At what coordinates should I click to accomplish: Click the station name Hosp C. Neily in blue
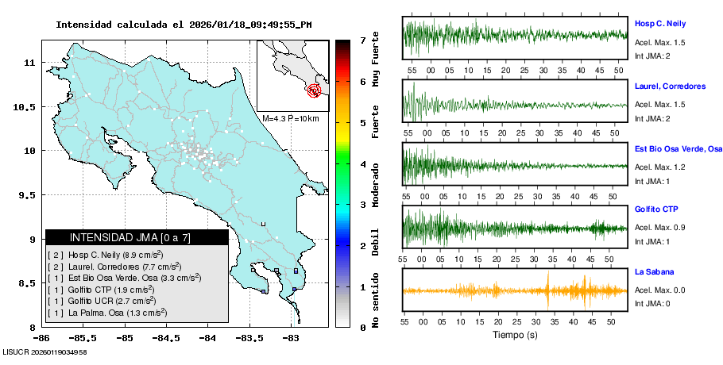659,24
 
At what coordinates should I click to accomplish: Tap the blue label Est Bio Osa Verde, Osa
678,148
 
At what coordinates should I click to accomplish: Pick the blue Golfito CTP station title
655,209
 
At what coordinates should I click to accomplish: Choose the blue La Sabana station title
652,271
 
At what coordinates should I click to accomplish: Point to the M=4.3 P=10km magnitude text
290,119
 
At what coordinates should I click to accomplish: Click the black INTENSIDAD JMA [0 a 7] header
137,237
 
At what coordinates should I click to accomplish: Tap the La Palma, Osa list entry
107,313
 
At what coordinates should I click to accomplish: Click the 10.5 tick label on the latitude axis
29,106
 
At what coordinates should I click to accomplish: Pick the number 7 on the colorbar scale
361,40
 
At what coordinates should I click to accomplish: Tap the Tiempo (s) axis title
515,335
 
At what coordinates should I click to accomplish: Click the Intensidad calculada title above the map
184,25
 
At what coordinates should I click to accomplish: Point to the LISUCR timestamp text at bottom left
44,352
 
